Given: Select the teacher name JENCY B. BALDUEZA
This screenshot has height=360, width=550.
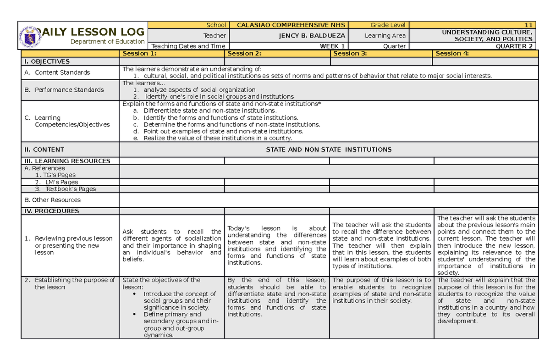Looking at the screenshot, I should (316, 35).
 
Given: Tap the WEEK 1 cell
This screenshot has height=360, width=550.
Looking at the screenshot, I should (332, 46).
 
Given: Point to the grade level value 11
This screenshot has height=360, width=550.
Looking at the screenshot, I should (528, 25).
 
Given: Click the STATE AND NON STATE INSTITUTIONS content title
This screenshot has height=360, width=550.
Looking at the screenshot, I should (329, 149).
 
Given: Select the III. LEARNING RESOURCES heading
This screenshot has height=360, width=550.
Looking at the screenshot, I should (67, 161).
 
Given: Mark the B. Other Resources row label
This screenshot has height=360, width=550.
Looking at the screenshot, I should (53, 199).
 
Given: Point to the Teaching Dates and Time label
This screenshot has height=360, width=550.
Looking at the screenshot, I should (188, 46).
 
